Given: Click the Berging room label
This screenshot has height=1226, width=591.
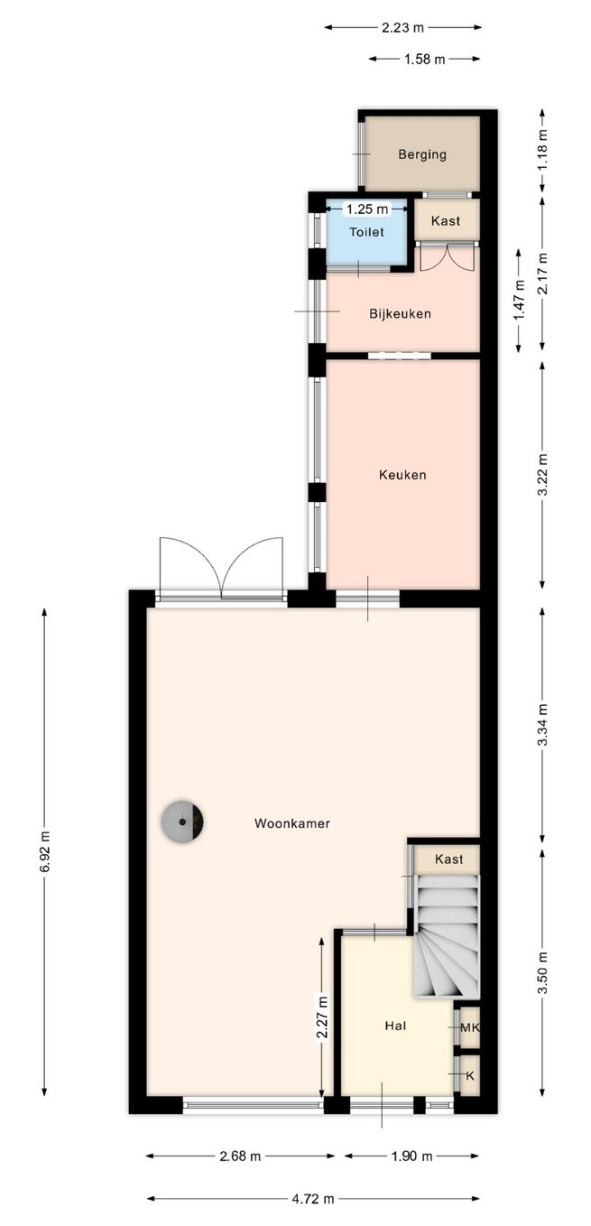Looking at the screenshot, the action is coord(422,154).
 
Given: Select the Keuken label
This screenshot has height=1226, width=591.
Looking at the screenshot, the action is coord(402,475).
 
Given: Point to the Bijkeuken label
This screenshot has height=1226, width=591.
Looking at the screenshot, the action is coord(400,313).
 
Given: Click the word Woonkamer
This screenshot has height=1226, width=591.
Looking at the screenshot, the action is coord(292,823).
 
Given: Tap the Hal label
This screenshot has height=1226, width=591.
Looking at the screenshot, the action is coord(395,1026).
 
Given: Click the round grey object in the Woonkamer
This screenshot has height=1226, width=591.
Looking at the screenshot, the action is coord(182,822).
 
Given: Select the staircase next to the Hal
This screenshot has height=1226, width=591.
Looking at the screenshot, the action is coord(447,936).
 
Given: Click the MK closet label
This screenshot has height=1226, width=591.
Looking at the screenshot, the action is coord(469,1027).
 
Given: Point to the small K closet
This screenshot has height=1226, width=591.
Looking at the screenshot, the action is coord(469,1075).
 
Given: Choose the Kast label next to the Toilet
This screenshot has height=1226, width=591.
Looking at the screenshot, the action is coord(446,220).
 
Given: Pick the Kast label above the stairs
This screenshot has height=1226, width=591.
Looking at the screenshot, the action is coord(448,859).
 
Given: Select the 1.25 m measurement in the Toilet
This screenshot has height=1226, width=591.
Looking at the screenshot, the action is coord(367,209).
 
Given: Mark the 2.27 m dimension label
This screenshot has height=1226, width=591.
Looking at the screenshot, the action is coord(322,1017).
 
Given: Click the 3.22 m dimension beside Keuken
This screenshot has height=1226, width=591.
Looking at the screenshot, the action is coord(542,474).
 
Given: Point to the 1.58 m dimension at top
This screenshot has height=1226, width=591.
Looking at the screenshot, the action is coord(425,59).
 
